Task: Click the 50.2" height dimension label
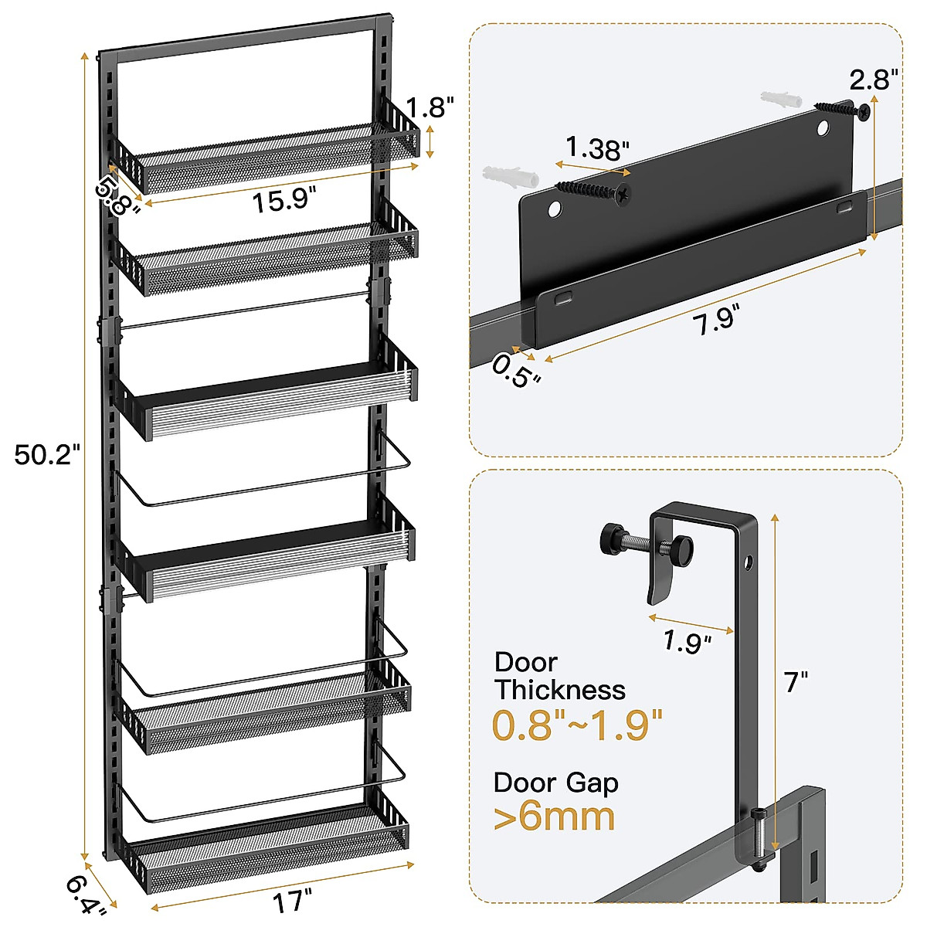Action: tap(46, 454)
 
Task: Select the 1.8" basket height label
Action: tap(430, 107)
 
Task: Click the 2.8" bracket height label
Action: tap(874, 80)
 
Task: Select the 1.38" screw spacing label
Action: tap(597, 148)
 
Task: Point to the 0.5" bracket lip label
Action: tap(516, 371)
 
